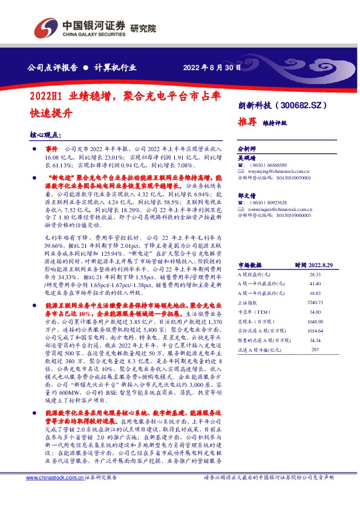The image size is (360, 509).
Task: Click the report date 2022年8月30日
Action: (208, 68)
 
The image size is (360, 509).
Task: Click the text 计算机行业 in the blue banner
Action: (115, 68)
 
